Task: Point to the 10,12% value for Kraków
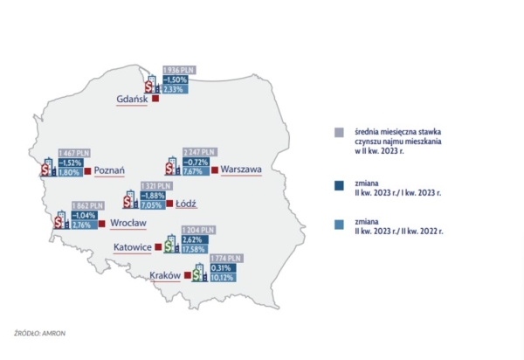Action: point(224,278)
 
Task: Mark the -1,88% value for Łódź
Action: point(155,197)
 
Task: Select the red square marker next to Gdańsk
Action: point(155,99)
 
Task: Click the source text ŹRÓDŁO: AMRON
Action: point(40,333)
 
